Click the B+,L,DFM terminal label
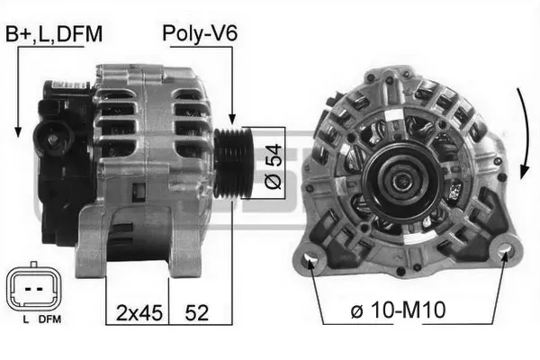(54, 34)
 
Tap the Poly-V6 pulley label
(200, 34)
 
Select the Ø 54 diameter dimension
(274, 166)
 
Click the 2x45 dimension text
(139, 313)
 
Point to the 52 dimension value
(196, 313)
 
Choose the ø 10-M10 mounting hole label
(398, 310)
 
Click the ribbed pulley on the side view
(233, 163)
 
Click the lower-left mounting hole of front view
(309, 258)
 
